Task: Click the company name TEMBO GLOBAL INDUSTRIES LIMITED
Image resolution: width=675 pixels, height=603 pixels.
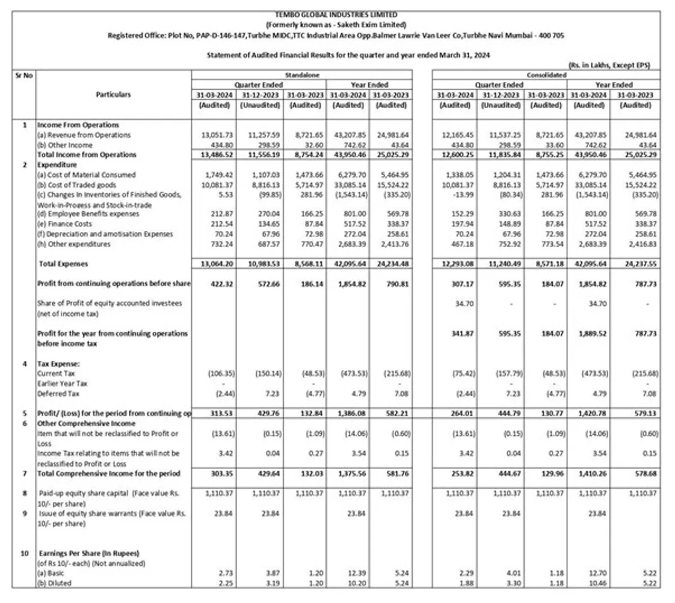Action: [336, 14]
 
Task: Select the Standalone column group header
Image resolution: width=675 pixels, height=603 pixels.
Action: [302, 75]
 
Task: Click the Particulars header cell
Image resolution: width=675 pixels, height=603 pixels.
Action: [113, 94]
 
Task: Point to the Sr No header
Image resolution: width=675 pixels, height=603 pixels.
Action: [23, 75]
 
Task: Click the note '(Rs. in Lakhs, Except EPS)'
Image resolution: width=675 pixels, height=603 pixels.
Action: [609, 65]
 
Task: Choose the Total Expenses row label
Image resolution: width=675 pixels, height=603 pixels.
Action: [63, 263]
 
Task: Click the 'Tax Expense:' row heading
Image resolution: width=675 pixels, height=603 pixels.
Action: [59, 364]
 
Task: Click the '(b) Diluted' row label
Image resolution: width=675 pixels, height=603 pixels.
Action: [55, 582]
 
